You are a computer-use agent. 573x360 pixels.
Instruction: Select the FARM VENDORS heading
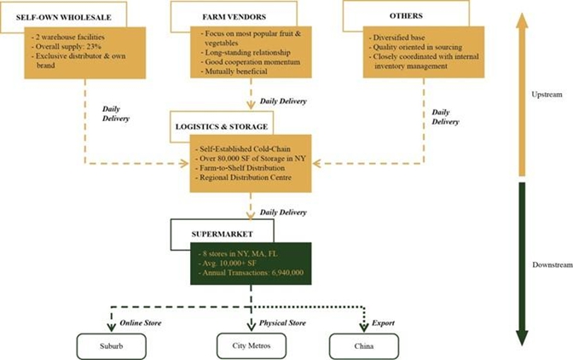coord(233,16)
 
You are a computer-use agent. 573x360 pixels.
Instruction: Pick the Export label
coord(384,323)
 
